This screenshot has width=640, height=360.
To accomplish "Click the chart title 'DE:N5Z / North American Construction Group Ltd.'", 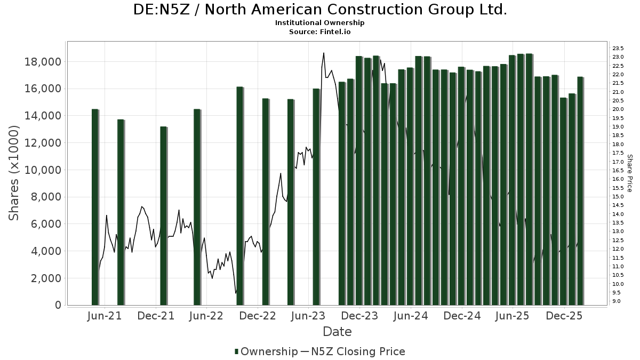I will click(x=319, y=10).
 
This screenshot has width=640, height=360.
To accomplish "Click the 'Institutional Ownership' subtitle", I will click(x=319, y=23).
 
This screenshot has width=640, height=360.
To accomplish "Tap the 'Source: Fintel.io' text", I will click(x=319, y=32).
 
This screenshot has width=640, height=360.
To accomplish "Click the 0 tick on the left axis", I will click(x=57, y=305).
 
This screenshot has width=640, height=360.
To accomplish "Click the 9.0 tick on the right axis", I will click(x=617, y=301).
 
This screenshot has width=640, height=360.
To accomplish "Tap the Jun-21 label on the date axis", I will click(x=104, y=316).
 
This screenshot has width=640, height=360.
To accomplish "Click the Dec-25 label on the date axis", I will click(x=564, y=316).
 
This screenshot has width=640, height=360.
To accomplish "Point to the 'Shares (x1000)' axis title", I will click(x=14, y=173).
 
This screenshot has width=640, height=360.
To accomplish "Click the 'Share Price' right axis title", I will click(x=629, y=173).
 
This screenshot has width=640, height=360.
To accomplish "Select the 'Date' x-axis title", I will click(x=337, y=332).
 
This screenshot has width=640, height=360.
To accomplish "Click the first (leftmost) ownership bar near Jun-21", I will click(x=95, y=207).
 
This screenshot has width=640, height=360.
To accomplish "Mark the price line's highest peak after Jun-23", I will click(x=324, y=53).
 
